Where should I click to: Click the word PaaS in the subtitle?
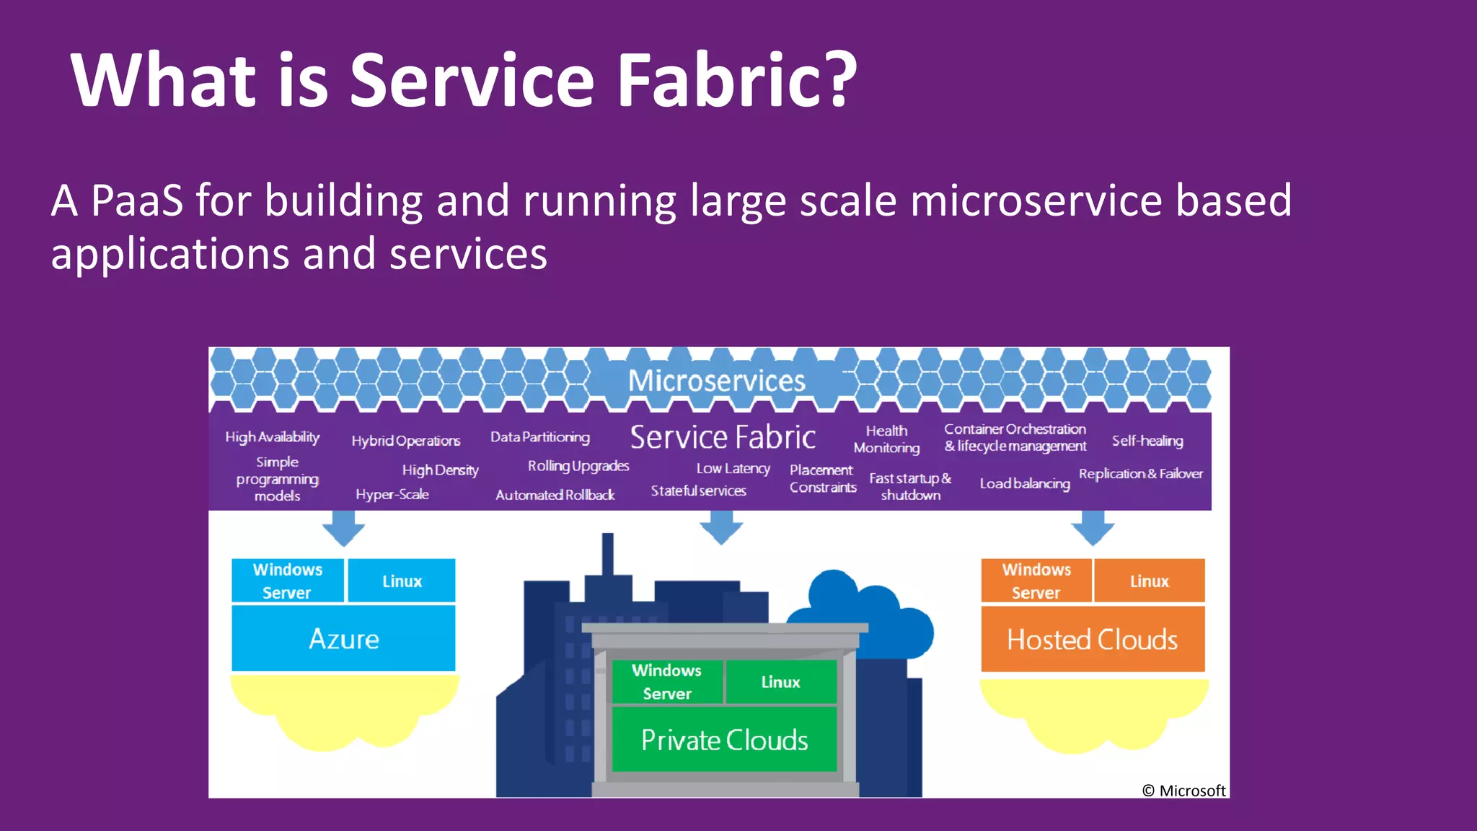click(137, 201)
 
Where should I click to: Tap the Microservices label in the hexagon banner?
click(716, 381)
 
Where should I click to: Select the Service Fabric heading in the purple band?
click(723, 437)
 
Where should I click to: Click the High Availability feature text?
click(272, 437)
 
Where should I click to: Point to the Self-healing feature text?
click(1147, 441)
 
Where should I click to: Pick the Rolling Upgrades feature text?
click(578, 466)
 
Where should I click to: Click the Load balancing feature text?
click(1024, 483)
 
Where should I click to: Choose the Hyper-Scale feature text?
click(392, 495)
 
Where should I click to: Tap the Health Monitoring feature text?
click(886, 439)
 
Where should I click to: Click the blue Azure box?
click(343, 639)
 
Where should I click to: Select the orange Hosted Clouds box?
click(1092, 640)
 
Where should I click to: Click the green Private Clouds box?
click(724, 740)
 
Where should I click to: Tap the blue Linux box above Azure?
click(402, 581)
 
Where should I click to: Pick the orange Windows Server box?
click(1036, 581)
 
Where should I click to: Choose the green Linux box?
click(780, 682)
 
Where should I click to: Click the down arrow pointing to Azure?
click(343, 528)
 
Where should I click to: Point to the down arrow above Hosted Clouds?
click(1093, 528)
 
